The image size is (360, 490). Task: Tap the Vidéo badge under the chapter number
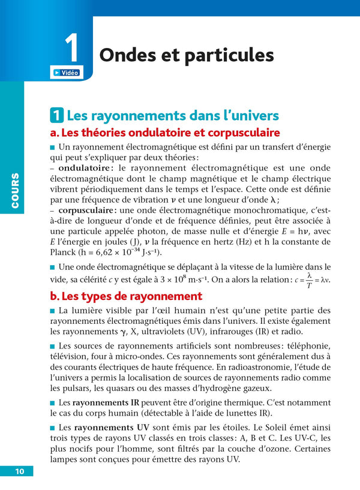65,73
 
